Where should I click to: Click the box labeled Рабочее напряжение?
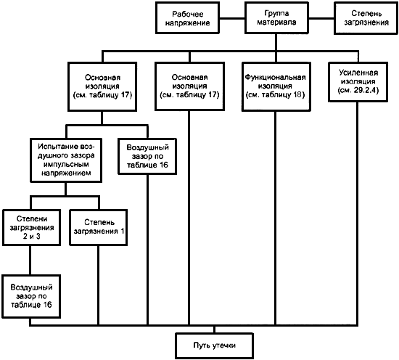pyautogui.click(x=188, y=18)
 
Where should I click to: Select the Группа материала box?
pyautogui.click(x=276, y=18)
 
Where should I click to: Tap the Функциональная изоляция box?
pyautogui.click(x=276, y=87)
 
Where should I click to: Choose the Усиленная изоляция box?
pyautogui.click(x=358, y=82)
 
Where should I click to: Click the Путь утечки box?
pyautogui.click(x=214, y=345)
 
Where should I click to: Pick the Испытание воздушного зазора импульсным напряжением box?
pyautogui.click(x=66, y=160)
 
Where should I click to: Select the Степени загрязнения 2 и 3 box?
pyautogui.click(x=31, y=228)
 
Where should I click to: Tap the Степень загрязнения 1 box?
pyautogui.click(x=99, y=228)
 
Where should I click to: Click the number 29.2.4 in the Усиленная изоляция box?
pyautogui.click(x=365, y=91)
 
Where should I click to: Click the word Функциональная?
pyautogui.click(x=276, y=77)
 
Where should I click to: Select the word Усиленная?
pyautogui.click(x=358, y=73)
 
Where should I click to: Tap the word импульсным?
pyautogui.click(x=66, y=164)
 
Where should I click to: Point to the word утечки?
pyautogui.click(x=224, y=345)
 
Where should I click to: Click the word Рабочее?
pyautogui.click(x=188, y=14)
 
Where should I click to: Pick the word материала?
pyautogui.click(x=276, y=22)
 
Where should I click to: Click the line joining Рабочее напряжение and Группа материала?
pyautogui.click(x=232, y=18)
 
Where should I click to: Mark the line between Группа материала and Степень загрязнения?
pyautogui.click(x=321, y=18)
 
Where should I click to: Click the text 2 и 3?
pyautogui.click(x=31, y=237)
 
